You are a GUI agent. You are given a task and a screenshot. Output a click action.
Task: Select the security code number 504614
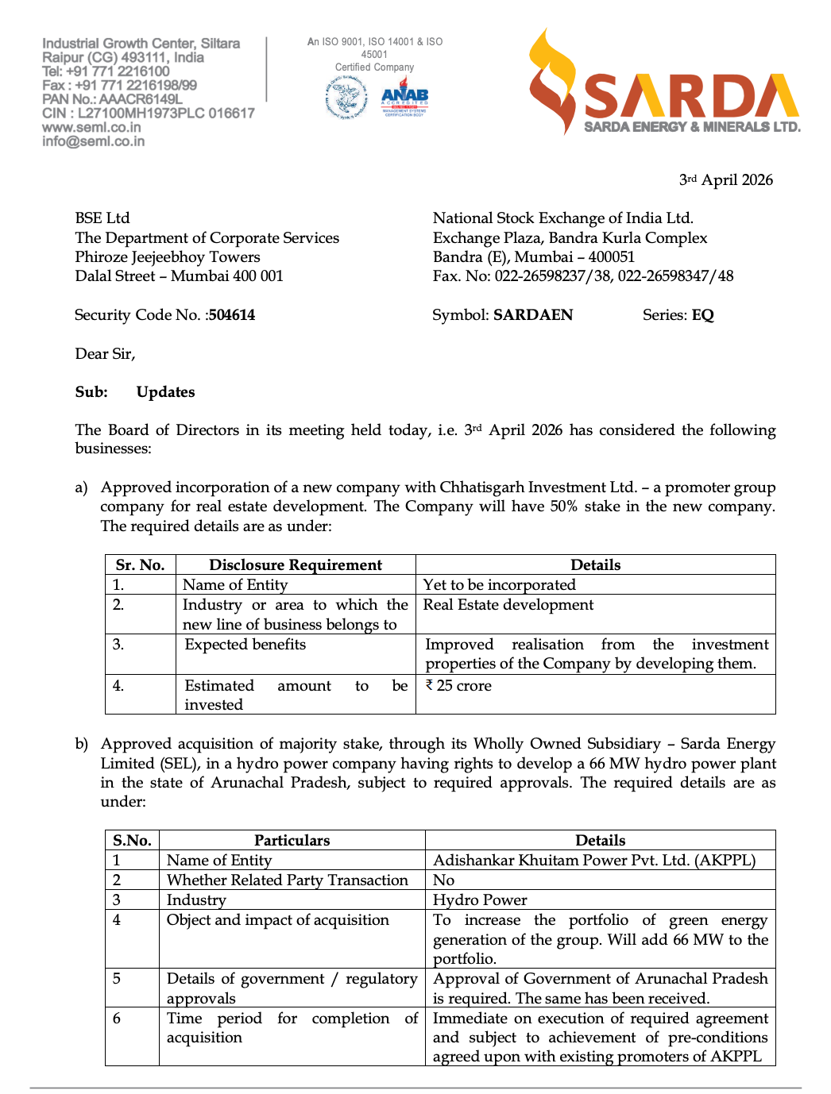click(x=232, y=315)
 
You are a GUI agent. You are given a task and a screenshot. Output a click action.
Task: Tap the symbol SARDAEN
click(x=533, y=315)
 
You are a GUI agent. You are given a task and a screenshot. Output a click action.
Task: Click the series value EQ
click(x=702, y=315)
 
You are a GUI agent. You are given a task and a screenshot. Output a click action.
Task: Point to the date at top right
click(x=725, y=180)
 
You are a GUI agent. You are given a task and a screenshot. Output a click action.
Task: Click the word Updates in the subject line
click(x=165, y=392)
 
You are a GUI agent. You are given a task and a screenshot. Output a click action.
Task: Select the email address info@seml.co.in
click(x=94, y=141)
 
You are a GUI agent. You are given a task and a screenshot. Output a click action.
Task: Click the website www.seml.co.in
click(x=91, y=127)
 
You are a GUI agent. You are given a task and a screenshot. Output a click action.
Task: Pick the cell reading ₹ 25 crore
click(x=458, y=686)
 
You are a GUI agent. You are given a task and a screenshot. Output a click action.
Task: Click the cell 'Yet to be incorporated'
click(x=499, y=585)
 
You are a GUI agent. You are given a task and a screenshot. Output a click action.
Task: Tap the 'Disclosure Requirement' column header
click(x=296, y=565)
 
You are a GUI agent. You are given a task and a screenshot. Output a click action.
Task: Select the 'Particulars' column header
click(x=292, y=841)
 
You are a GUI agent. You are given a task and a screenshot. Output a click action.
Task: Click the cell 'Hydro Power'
click(x=480, y=900)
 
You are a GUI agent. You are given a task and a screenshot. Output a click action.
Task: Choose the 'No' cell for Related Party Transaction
click(x=443, y=880)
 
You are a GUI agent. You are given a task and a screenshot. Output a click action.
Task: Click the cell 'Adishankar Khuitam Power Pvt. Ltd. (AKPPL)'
click(x=593, y=861)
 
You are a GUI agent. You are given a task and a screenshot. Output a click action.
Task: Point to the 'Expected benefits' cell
click(x=245, y=645)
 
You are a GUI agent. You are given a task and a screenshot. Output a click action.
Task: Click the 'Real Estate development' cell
click(x=508, y=605)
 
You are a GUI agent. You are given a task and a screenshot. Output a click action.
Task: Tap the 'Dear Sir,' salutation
click(x=105, y=354)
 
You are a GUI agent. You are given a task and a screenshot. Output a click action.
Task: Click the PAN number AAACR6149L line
click(x=112, y=99)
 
